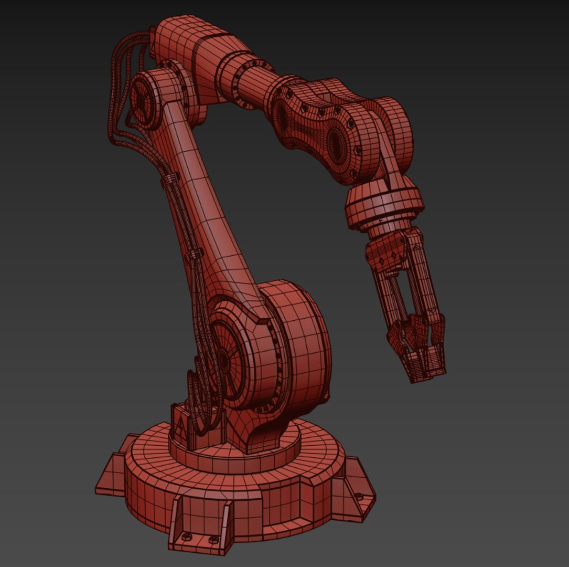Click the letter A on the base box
click(181, 424)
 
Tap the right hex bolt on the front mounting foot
click(213, 539)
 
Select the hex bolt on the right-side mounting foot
click(359, 497)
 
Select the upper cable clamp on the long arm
click(168, 182)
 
